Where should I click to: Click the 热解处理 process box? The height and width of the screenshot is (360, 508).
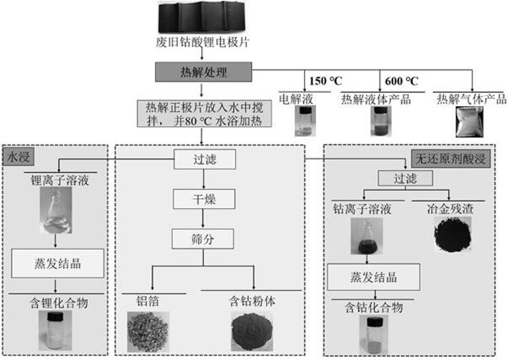pos(203,72)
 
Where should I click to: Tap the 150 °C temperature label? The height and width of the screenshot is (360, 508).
pos(325,81)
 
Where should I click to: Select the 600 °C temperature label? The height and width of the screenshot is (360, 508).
pos(401,81)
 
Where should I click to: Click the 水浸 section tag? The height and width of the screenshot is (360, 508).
pos(18,157)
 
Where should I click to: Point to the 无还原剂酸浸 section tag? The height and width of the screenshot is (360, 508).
pos(451,159)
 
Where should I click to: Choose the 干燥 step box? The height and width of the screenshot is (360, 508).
pos(204,199)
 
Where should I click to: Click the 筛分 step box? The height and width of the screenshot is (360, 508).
pos(203,239)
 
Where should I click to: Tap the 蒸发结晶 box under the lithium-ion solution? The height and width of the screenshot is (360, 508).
pos(58,263)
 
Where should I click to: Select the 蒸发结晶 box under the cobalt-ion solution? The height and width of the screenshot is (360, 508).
pos(373,277)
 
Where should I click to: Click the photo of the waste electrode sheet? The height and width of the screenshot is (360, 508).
pos(201,17)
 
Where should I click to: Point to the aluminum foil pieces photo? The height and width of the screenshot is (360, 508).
pos(148,331)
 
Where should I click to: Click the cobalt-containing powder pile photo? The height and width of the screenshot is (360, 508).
pos(252,331)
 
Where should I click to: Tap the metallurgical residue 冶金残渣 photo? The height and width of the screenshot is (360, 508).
pos(453,234)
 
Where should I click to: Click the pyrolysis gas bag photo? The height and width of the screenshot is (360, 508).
pos(469,122)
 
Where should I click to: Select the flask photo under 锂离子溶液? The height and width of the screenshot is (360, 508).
pos(56,210)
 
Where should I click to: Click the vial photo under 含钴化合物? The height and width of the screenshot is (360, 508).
pos(374,335)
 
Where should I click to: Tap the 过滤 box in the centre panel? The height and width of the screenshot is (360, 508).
pos(204,159)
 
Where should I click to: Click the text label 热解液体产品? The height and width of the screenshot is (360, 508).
pos(376,99)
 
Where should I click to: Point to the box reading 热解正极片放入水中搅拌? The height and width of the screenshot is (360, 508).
pos(204,114)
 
